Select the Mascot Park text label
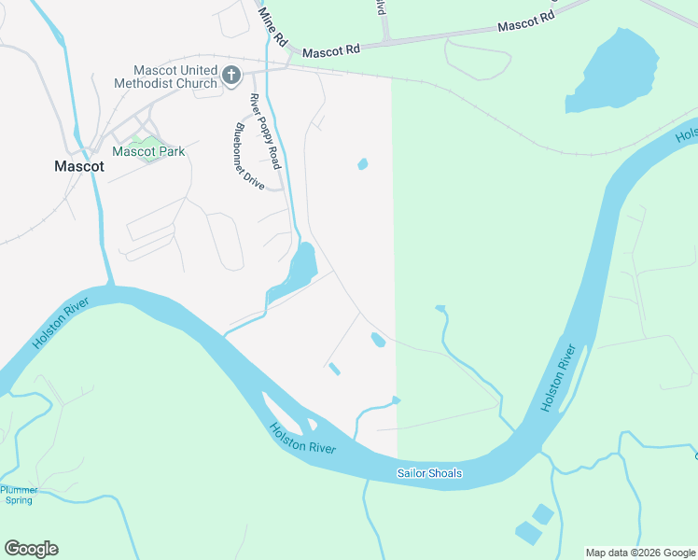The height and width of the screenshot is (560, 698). click(x=148, y=151)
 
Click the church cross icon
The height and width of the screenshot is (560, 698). click(x=231, y=75)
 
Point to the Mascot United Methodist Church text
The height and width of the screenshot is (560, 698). click(x=175, y=76)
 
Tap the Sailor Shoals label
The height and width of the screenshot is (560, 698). click(x=429, y=474)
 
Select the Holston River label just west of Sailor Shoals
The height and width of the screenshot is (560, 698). click(x=302, y=439)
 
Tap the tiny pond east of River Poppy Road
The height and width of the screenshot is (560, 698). click(x=363, y=165)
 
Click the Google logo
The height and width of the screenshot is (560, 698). click(x=31, y=549)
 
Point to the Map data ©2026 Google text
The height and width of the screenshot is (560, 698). click(x=640, y=553)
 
